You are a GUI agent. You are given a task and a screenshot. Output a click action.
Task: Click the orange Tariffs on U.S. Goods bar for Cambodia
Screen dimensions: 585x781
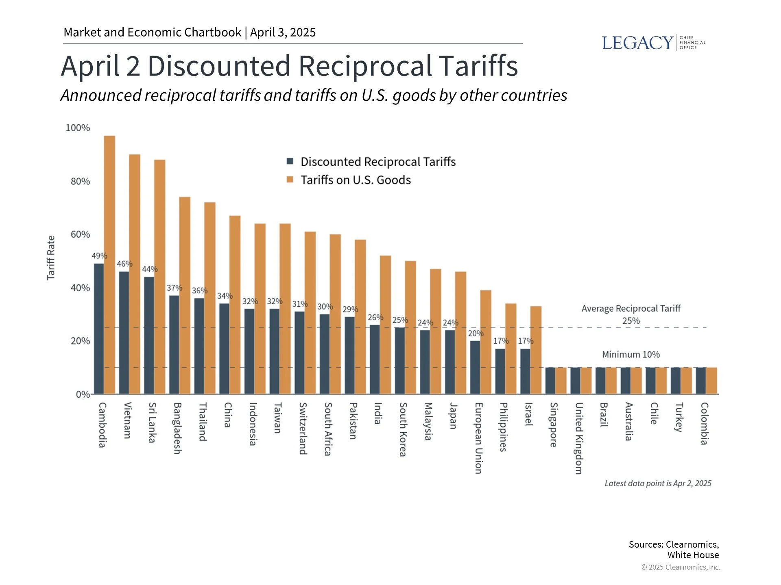(x=109, y=264)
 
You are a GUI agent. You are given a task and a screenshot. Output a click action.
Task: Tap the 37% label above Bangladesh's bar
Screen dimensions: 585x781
(x=174, y=288)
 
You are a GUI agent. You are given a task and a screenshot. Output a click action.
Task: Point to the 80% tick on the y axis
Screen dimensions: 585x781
(x=80, y=181)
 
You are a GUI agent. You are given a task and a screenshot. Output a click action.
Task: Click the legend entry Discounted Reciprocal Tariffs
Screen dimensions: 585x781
(x=377, y=162)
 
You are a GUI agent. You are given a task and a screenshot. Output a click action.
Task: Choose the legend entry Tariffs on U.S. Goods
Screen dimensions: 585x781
(x=355, y=180)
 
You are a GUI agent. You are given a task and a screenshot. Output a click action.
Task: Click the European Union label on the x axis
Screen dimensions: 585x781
(x=479, y=438)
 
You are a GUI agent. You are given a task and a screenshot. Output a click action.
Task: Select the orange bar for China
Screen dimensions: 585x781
(x=235, y=305)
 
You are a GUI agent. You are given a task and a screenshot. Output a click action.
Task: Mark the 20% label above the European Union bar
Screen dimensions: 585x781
(x=476, y=334)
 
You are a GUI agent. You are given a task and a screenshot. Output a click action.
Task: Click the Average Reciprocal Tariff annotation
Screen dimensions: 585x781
(x=630, y=309)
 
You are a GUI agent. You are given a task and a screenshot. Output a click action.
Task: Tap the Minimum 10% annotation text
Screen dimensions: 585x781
(x=630, y=355)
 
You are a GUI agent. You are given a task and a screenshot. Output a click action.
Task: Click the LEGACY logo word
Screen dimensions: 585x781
(x=637, y=43)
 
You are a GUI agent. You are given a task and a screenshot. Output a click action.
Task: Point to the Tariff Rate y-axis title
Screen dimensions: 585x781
(x=51, y=258)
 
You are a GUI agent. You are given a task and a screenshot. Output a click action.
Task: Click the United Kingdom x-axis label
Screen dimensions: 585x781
(x=579, y=438)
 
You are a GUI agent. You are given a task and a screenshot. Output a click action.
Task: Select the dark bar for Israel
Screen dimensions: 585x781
(x=525, y=371)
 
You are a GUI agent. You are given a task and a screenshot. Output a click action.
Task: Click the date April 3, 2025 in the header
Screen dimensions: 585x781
(x=283, y=32)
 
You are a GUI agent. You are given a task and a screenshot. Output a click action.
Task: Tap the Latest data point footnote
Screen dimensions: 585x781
(x=658, y=483)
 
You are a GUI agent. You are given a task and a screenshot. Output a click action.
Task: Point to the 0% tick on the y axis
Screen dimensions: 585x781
(x=83, y=394)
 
